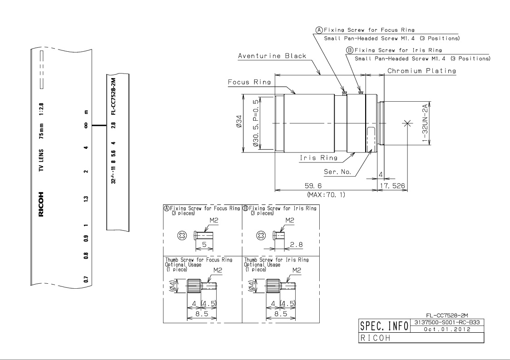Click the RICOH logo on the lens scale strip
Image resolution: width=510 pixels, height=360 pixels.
[41, 204]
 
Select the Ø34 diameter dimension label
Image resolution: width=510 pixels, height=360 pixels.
[239, 121]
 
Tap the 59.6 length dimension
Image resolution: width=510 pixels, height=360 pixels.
[313, 186]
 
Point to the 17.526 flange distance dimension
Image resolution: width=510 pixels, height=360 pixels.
[393, 186]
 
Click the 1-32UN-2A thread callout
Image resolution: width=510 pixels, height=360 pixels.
[425, 123]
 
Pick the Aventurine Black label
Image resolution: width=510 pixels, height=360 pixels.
[272, 55]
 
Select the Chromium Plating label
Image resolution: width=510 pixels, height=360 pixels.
[421, 70]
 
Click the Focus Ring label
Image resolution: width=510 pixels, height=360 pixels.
[249, 82]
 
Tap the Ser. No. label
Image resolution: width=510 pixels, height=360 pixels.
[337, 172]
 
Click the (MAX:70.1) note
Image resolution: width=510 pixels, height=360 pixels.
[326, 194]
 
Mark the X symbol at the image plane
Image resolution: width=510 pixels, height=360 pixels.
[406, 123]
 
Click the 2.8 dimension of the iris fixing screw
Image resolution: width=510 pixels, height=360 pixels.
[296, 244]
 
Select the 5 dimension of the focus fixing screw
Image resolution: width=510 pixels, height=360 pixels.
[204, 244]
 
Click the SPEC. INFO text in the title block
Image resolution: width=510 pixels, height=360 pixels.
[384, 325]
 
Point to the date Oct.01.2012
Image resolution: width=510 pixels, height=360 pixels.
[447, 329]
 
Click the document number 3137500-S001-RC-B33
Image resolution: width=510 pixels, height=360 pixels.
[447, 322]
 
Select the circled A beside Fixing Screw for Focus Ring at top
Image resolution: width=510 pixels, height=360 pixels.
[319, 30]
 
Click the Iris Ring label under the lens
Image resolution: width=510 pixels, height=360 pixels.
[318, 158]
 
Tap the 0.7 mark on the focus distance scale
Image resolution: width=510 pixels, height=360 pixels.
[86, 279]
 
